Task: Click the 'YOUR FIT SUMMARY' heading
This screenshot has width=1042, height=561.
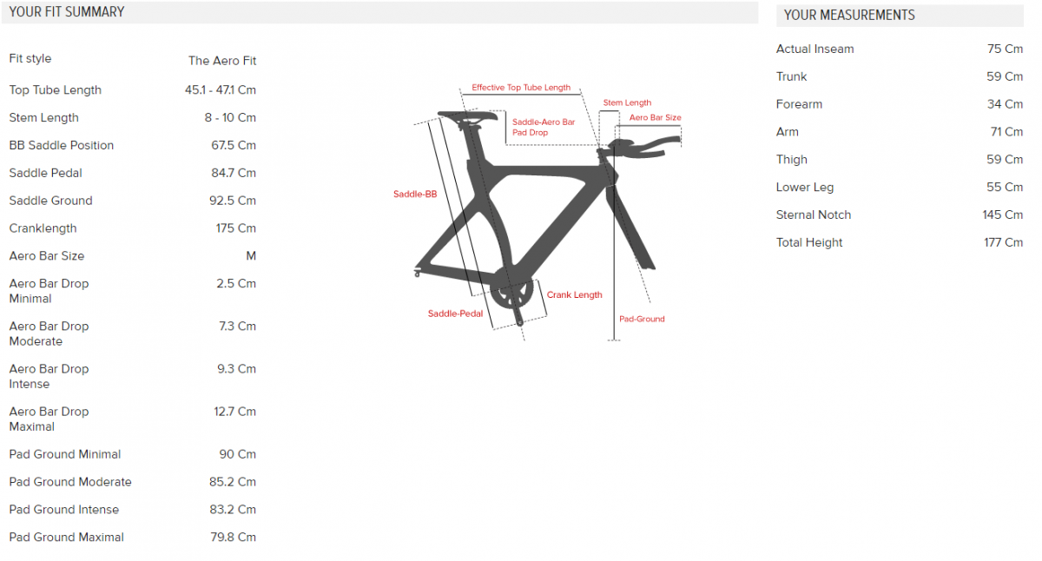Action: pos(67,12)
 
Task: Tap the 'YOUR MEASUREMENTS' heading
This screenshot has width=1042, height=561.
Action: pos(849,16)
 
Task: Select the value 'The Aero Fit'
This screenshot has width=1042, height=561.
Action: pos(222,61)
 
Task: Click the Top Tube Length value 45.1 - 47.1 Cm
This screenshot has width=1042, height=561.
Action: pos(221,89)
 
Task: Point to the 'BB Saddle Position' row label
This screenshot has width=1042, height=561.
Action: pos(62,145)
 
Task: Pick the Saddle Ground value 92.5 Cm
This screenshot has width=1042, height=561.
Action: pos(233,201)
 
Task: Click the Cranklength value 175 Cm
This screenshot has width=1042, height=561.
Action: pos(236,228)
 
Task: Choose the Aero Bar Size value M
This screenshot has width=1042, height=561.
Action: pos(251,256)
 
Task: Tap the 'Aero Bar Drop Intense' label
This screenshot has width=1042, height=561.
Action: pos(49,376)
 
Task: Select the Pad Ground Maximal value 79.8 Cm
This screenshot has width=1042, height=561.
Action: pos(233,538)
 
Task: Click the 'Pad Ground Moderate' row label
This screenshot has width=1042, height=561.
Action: pos(70,482)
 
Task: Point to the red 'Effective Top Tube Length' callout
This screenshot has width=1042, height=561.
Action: pos(521,88)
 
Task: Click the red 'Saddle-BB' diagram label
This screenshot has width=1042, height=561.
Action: pos(415,194)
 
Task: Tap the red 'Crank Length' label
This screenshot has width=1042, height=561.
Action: pos(574,295)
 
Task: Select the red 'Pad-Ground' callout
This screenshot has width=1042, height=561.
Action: pos(642,319)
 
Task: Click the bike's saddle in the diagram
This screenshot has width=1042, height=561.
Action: pos(467,116)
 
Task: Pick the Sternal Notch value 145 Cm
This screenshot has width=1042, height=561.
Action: pos(1002,214)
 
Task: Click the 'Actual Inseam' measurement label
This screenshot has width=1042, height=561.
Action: pos(814,49)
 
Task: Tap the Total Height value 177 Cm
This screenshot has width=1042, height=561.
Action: pos(1004,242)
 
